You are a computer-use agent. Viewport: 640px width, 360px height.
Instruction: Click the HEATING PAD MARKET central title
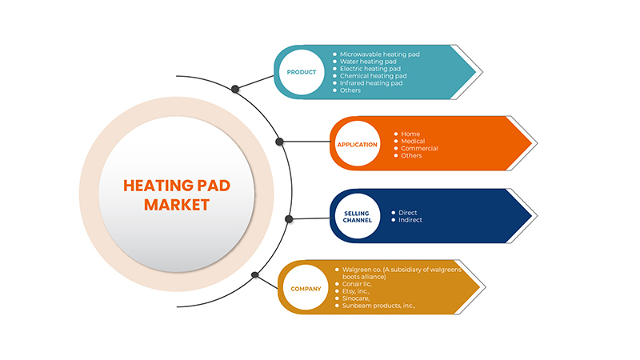point(177,194)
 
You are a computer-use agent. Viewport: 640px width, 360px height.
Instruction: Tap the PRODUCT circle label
point(302,72)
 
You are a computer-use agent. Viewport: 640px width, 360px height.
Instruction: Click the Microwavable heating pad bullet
point(379,54)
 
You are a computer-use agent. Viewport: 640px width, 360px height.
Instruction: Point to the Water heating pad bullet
point(369,62)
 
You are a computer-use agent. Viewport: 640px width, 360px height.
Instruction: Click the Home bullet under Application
point(410,134)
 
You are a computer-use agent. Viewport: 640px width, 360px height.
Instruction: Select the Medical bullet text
point(414,142)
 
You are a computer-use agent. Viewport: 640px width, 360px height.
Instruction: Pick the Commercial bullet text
point(419,149)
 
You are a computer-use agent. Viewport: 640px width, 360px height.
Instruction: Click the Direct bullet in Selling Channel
point(407,213)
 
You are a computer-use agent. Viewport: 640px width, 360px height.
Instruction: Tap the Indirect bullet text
point(410,220)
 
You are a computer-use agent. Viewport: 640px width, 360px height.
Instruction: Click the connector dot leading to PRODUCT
point(234,89)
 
